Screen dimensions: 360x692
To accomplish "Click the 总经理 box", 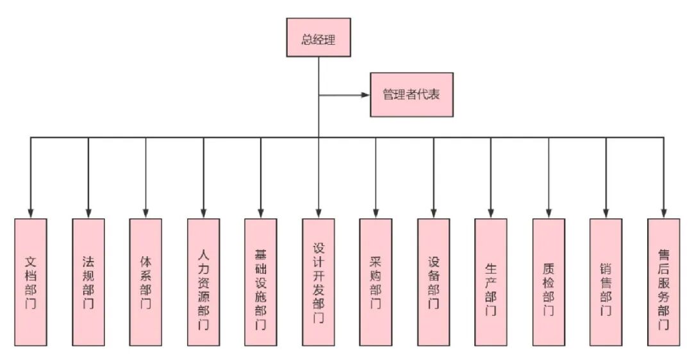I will (x=318, y=37).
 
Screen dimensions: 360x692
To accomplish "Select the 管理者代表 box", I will (x=411, y=95).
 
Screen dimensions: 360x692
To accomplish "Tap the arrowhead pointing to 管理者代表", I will (x=366, y=95).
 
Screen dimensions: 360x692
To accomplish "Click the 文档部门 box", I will (x=30, y=282).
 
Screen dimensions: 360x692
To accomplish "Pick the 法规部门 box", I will (x=88, y=282).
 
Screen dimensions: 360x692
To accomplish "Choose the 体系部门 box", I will (x=145, y=282).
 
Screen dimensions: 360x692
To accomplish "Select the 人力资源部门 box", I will (x=203, y=282).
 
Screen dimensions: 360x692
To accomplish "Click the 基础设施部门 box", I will (x=260, y=282).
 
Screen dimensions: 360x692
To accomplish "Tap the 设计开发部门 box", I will (x=318, y=282).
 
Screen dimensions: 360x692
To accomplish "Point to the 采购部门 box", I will (x=375, y=282).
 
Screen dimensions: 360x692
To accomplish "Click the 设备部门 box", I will (x=433, y=282).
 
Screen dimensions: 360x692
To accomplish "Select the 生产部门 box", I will (x=491, y=282).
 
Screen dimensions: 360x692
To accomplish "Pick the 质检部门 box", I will (x=548, y=282).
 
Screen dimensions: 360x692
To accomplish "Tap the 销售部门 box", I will (x=605, y=282).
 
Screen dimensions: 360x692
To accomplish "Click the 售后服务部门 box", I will (x=663, y=282).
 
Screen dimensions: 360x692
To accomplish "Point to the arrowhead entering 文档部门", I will (x=30, y=214).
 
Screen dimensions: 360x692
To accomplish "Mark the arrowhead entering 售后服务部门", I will (x=663, y=214).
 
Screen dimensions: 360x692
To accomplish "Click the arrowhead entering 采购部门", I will (x=375, y=214).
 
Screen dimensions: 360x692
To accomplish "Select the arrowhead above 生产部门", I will (x=491, y=214).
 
